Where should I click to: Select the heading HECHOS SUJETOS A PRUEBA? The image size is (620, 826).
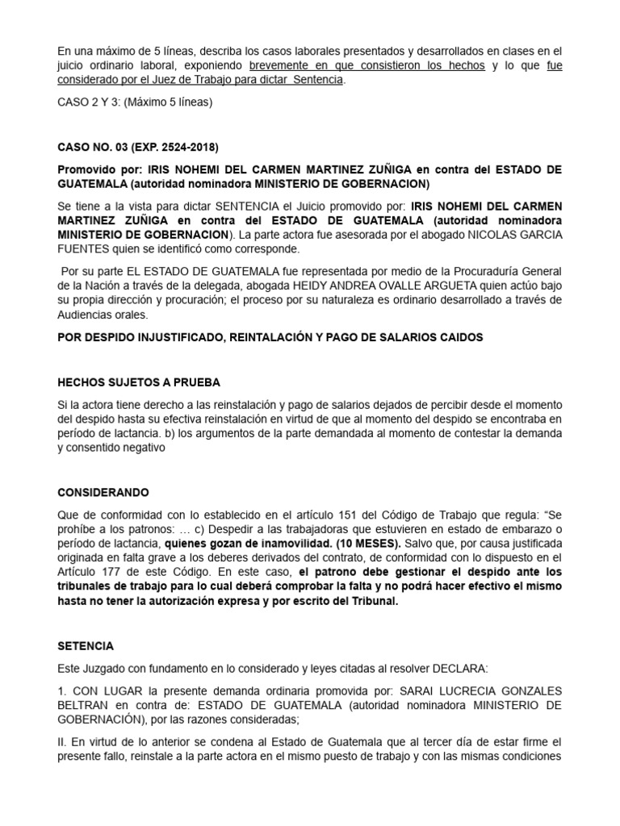pyautogui.click(x=138, y=382)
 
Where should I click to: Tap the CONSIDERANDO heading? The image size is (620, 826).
pyautogui.click(x=103, y=492)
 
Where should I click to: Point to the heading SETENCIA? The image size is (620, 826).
pyautogui.click(x=86, y=646)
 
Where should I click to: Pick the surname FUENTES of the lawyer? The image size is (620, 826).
pyautogui.click(x=82, y=250)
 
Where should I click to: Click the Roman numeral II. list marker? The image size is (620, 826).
pyautogui.click(x=63, y=741)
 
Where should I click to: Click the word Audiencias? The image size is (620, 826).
pyautogui.click(x=90, y=315)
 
